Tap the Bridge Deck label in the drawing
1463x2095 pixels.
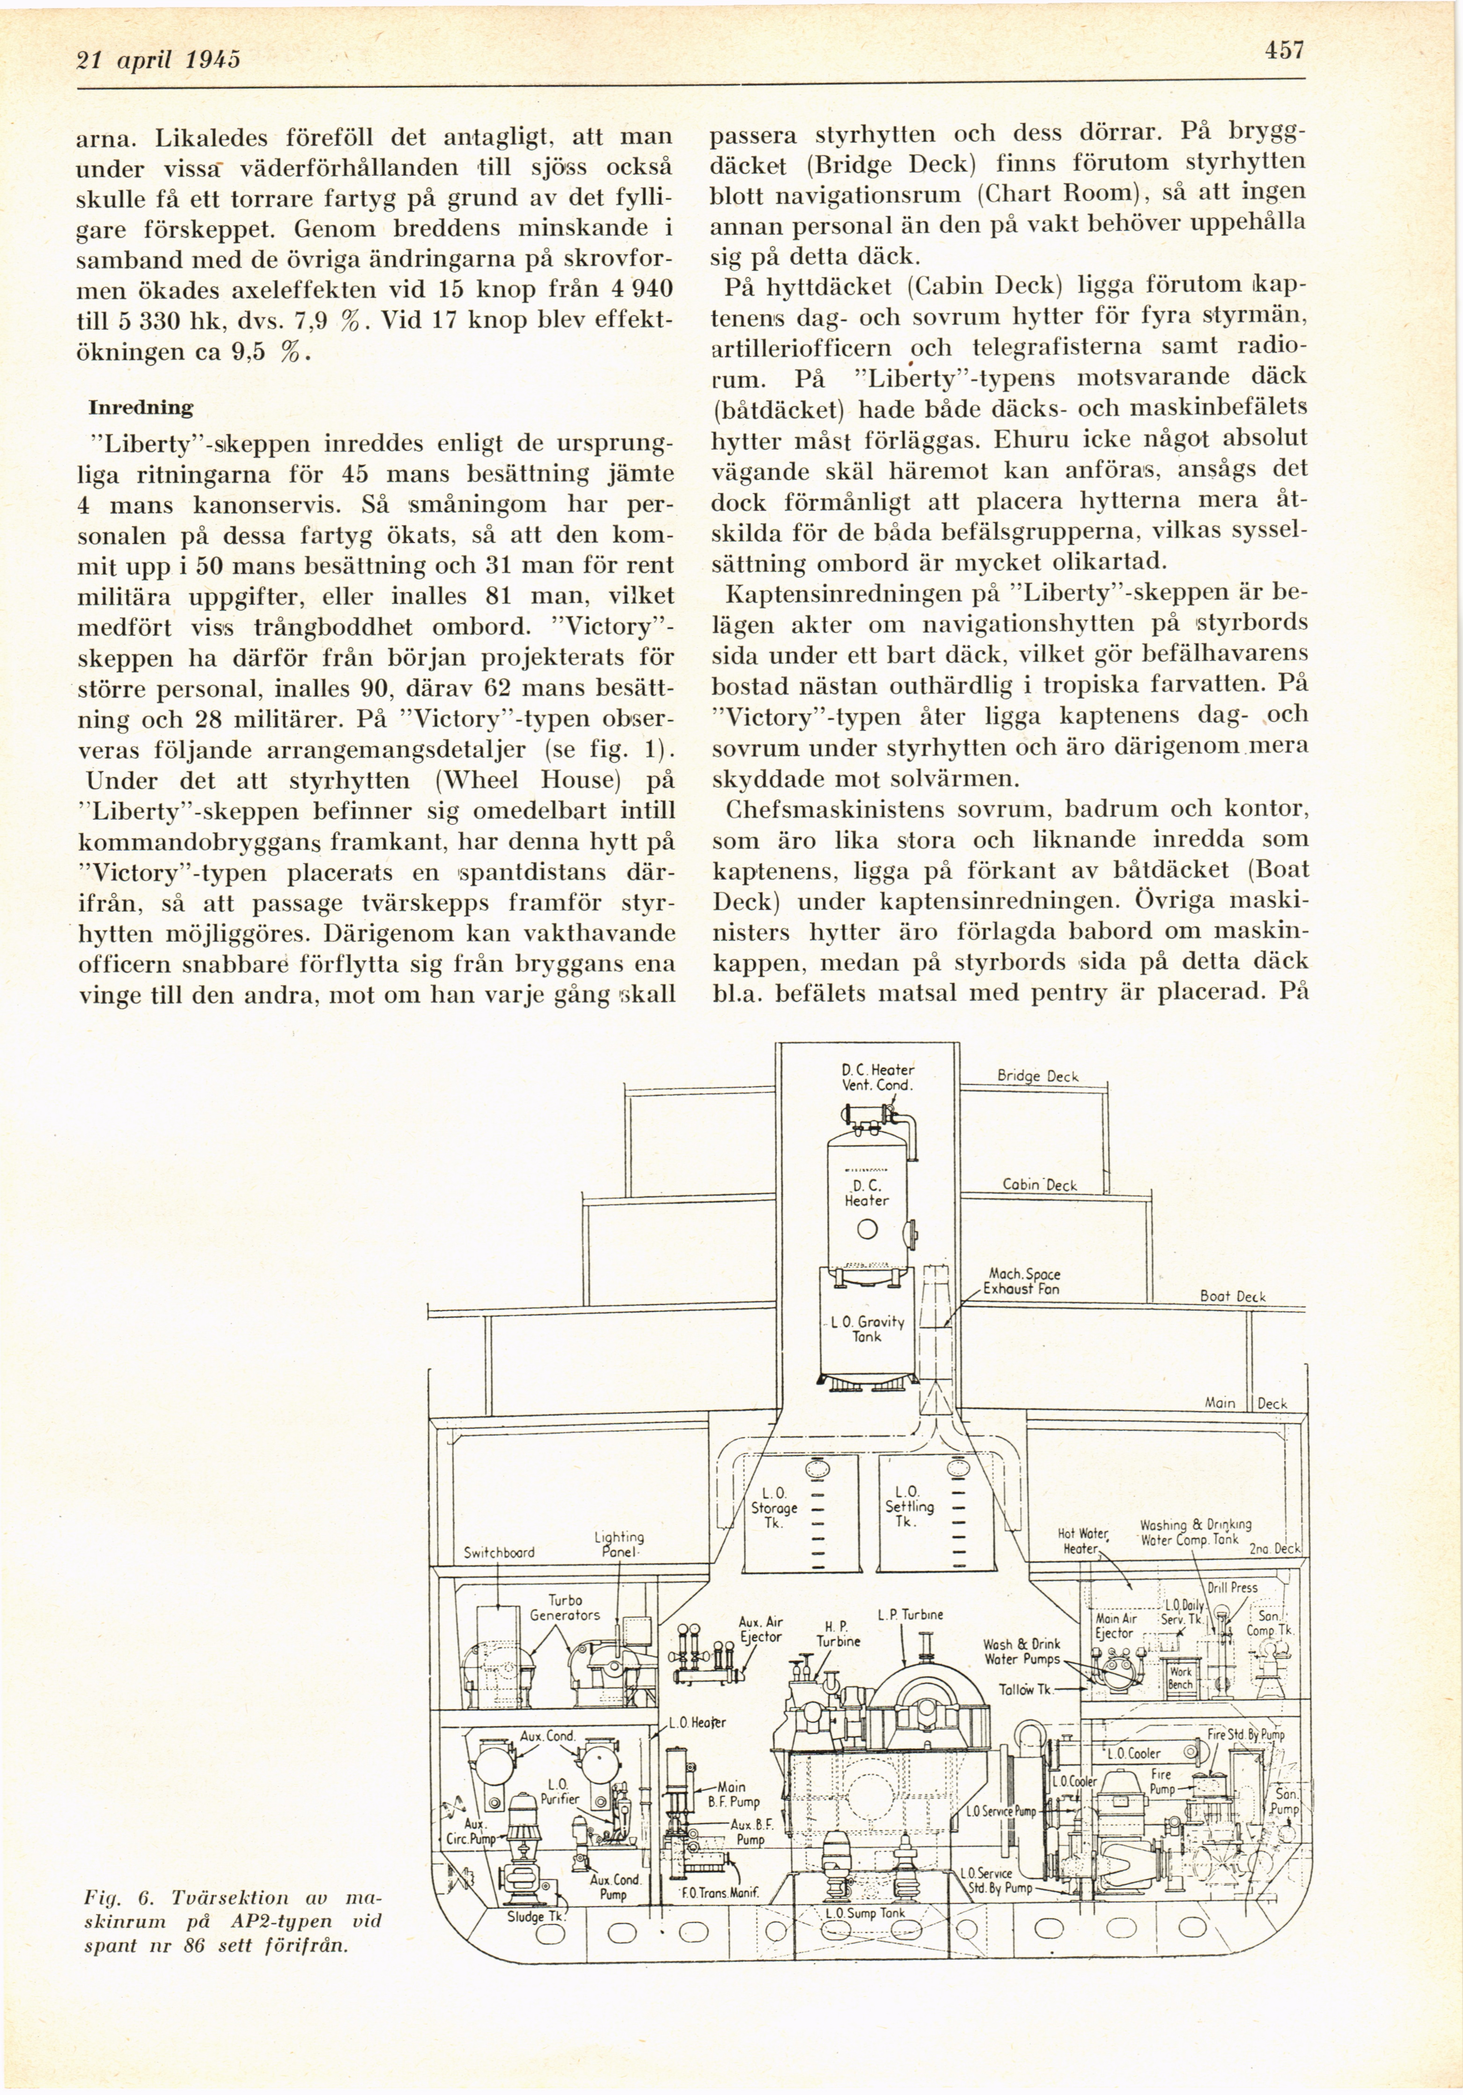(x=1038, y=1077)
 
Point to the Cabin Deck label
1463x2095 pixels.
(x=1039, y=1185)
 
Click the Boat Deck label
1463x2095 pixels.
(x=1232, y=1296)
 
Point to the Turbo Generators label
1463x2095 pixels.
(x=565, y=1608)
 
